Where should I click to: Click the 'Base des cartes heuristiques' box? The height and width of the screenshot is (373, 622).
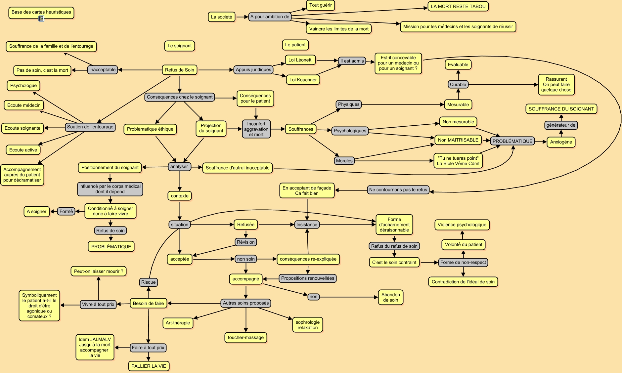[41, 12]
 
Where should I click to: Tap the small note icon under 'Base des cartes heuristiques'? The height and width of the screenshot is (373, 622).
[41, 19]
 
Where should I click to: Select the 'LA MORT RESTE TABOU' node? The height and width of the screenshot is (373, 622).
[458, 6]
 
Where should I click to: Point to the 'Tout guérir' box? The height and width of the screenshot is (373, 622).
[320, 5]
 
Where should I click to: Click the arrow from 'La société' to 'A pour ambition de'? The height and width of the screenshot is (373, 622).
[242, 17]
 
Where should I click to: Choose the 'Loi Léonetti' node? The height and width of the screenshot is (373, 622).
[300, 60]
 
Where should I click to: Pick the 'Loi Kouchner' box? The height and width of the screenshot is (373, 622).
[303, 80]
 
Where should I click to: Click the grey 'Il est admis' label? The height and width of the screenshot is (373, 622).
[352, 61]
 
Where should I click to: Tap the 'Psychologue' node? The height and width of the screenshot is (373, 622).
[23, 85]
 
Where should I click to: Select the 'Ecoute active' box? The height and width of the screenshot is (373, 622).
[23, 150]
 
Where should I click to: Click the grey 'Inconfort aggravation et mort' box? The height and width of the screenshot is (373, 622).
[256, 129]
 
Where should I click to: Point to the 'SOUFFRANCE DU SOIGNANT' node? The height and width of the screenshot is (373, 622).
[561, 109]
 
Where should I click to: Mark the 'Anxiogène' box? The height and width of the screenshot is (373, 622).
[561, 142]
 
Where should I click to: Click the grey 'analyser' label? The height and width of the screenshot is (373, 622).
[179, 167]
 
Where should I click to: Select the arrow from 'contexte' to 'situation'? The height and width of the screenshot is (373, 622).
[180, 210]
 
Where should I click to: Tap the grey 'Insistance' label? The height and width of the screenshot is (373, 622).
[307, 225]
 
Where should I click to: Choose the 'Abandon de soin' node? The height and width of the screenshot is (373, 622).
[390, 297]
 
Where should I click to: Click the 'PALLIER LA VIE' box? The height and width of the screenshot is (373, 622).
[149, 366]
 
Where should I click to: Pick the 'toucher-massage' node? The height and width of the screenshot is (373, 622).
[245, 337]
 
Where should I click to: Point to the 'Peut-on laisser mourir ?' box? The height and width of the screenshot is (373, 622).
[98, 271]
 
